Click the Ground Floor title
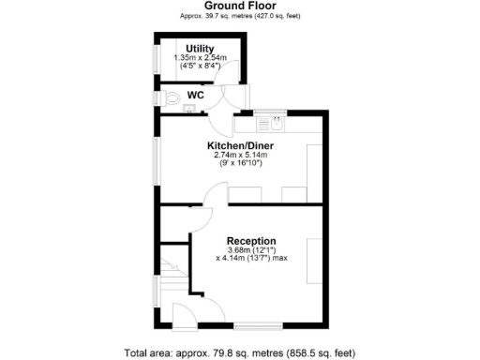tap(239, 5)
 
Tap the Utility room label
tap(201, 48)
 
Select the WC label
tap(196, 95)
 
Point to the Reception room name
tap(249, 239)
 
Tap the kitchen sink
tap(276, 121)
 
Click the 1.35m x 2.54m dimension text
tap(201, 58)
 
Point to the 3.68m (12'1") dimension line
tap(248, 249)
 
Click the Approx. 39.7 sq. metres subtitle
tap(239, 16)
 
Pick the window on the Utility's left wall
tap(157, 58)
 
